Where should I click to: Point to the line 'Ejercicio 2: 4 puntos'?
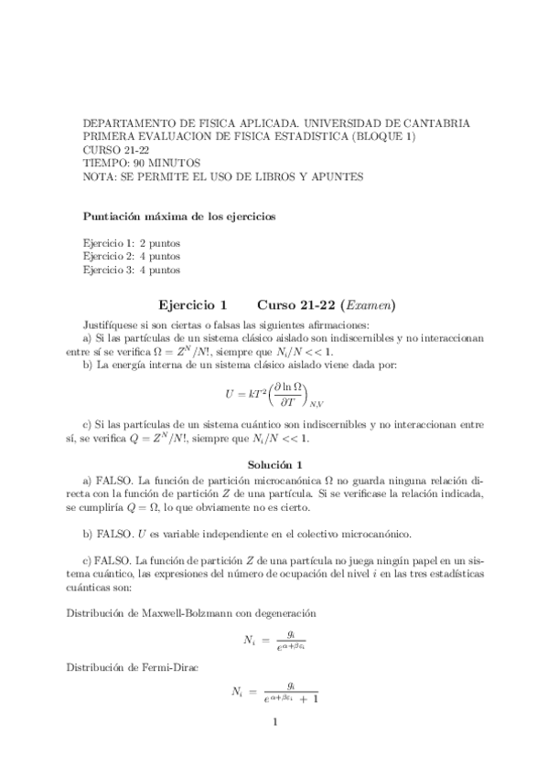coord(131,257)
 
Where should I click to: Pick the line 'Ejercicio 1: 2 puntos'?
coord(131,243)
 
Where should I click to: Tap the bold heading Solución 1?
coord(274,464)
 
